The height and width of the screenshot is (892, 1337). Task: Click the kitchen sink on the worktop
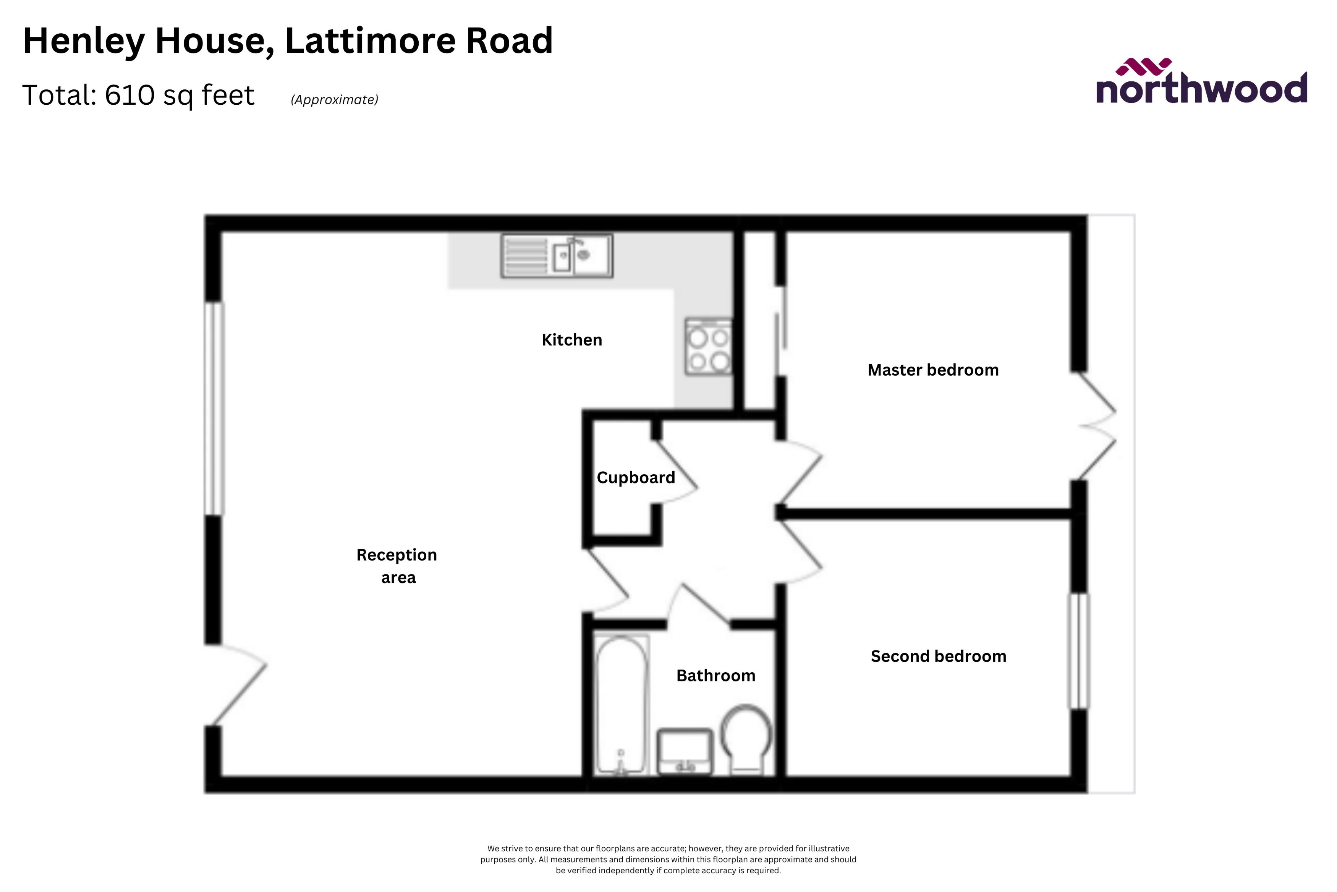coord(557,256)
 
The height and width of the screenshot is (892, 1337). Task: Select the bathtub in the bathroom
coord(622,705)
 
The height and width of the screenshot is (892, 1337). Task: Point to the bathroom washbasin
coord(685,751)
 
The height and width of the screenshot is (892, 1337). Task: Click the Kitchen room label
coord(571,340)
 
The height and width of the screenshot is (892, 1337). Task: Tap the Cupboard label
coord(636,477)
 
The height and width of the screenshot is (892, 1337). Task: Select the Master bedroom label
coord(933,370)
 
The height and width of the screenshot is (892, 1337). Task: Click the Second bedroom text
coord(938,657)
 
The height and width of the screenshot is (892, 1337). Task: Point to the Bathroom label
coord(716,676)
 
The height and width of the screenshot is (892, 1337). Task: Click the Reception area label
coord(397,566)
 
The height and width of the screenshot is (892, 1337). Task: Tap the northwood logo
coord(1201,83)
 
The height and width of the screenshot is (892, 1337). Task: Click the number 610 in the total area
coord(129,95)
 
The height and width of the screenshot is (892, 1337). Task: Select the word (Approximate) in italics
coord(334,99)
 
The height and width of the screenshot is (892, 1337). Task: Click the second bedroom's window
coord(1078,651)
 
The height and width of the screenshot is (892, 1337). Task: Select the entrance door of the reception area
coord(236,686)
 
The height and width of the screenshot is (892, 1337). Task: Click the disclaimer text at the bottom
coord(668,859)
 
